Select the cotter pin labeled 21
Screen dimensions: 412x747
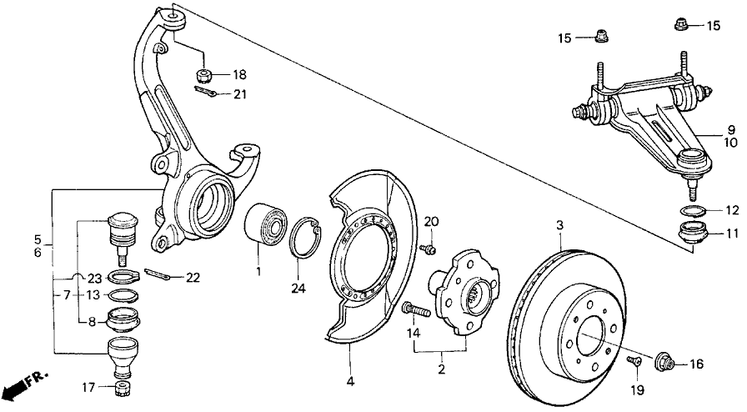coord(211,94)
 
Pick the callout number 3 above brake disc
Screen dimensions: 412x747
coord(560,225)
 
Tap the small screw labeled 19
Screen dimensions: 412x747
coord(632,360)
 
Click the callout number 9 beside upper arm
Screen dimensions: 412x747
coord(730,129)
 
